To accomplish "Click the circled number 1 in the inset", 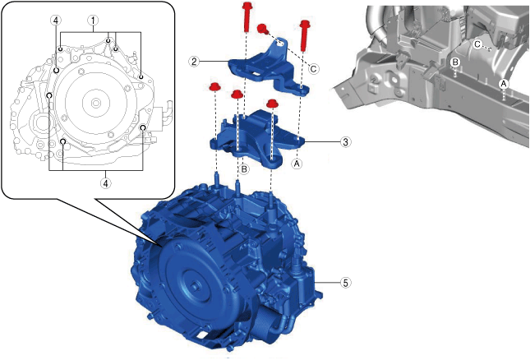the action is pyautogui.click(x=93, y=21).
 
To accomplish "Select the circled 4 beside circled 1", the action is pyautogui.click(x=55, y=21).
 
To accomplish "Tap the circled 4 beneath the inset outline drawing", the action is pyautogui.click(x=106, y=183).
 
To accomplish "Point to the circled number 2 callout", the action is pyautogui.click(x=194, y=61).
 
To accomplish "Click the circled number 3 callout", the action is pyautogui.click(x=345, y=142).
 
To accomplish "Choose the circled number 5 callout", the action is pyautogui.click(x=345, y=283).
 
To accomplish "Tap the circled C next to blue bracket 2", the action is pyautogui.click(x=313, y=69).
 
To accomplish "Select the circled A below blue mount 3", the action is pyautogui.click(x=297, y=164).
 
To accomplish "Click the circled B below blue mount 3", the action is pyautogui.click(x=244, y=169).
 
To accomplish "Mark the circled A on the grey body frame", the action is pyautogui.click(x=504, y=84).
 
